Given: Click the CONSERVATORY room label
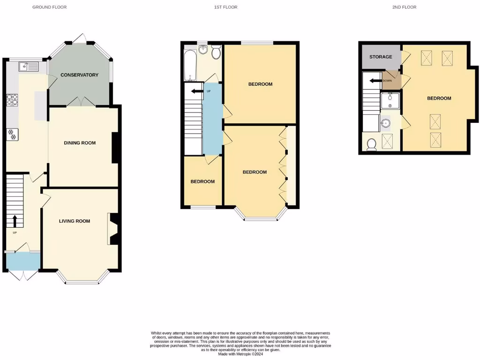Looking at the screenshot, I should [x=79, y=75].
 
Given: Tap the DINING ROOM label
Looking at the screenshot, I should [x=80, y=143].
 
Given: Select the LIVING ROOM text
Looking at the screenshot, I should [x=75, y=221].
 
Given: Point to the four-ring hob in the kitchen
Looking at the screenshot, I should [x=12, y=99].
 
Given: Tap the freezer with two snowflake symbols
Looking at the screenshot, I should [x=12, y=135].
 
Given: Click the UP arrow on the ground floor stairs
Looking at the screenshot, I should [x=15, y=220].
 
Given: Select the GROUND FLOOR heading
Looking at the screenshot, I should [x=49, y=7].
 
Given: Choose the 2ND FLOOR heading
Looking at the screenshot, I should [x=404, y=7].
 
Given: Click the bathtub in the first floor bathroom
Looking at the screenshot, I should [x=190, y=66].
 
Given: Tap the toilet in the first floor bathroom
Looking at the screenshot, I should [x=216, y=52].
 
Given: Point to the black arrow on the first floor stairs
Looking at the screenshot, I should [x=196, y=90].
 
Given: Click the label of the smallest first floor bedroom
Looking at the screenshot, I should [x=202, y=182].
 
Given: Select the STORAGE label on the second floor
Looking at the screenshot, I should [x=381, y=57].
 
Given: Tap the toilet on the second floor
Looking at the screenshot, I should [x=372, y=144].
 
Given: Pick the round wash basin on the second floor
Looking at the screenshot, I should [x=386, y=124].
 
